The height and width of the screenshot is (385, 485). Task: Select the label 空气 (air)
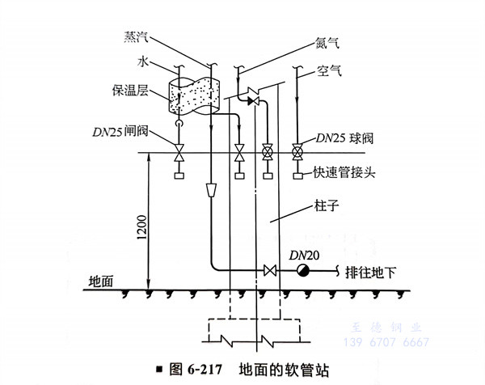(x=330, y=71)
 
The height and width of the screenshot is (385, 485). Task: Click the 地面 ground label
(x=100, y=281)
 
